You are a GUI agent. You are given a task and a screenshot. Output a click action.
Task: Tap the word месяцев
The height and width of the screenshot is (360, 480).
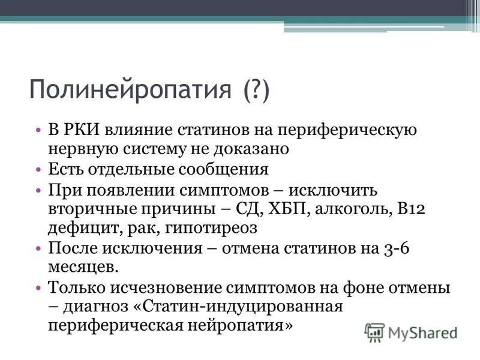(80, 267)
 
